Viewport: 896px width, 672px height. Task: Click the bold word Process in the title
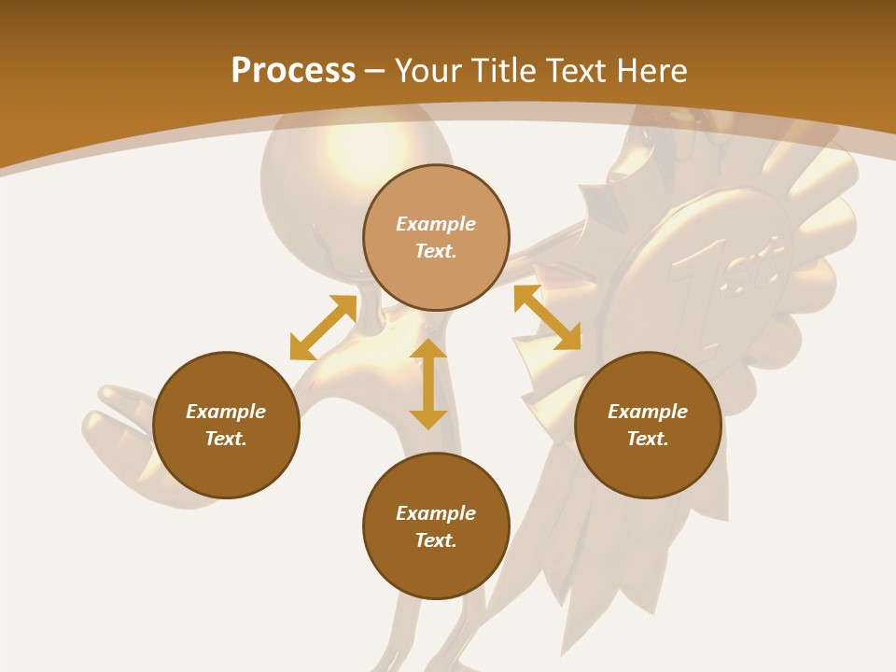[x=293, y=70]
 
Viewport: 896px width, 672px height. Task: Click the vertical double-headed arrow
[x=428, y=385]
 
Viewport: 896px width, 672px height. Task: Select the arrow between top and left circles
[x=323, y=328]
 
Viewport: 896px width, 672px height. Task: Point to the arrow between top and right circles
[x=547, y=317]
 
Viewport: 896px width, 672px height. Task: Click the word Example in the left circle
[x=226, y=412]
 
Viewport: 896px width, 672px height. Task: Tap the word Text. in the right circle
[x=648, y=439]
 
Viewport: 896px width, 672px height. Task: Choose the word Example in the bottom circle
[x=436, y=513]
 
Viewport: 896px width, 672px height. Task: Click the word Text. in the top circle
[x=436, y=251]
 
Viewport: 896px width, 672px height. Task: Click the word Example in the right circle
[x=648, y=412]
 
